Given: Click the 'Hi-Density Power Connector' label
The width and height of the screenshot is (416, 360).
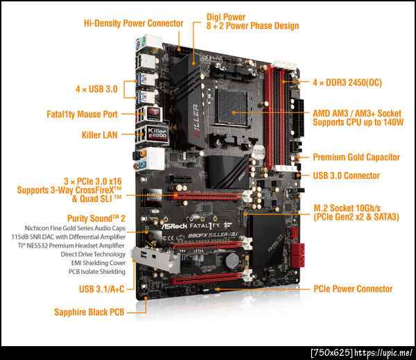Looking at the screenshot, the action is [x=133, y=24].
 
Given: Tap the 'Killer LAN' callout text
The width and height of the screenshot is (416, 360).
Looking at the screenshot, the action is [x=99, y=135].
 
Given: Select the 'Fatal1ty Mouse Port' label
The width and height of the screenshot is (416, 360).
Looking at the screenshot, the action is [x=82, y=114].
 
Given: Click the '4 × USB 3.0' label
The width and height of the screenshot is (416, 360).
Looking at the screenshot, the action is [x=96, y=89].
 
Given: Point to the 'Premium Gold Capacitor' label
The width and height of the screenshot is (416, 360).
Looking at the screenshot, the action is [x=356, y=157].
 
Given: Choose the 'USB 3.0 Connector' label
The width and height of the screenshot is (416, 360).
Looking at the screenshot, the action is [x=346, y=175].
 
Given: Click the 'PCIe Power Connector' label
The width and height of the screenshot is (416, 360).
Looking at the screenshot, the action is [x=353, y=289].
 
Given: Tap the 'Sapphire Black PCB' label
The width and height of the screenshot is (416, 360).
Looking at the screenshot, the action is [x=89, y=312].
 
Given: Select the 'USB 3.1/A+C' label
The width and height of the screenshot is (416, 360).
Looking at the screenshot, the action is [x=102, y=289].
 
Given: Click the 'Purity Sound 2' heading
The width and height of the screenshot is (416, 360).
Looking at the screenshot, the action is [x=96, y=218].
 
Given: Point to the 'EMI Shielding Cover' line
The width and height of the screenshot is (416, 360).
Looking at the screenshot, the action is [x=98, y=263].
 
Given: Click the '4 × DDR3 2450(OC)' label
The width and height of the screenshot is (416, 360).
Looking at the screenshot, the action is [x=347, y=83].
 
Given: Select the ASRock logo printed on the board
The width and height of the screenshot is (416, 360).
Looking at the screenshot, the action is [x=175, y=226].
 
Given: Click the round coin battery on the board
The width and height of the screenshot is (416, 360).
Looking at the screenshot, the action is [x=232, y=260].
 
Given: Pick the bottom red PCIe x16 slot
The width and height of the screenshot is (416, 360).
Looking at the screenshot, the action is [x=206, y=278].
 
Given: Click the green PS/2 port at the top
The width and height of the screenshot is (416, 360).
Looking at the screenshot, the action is [x=144, y=42].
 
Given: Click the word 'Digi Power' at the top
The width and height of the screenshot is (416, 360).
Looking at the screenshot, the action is [x=226, y=17].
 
